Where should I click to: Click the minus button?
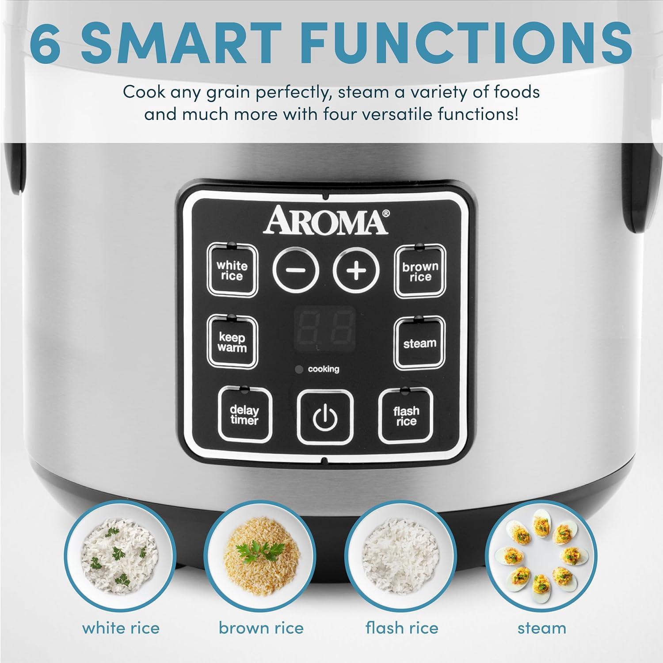click(295, 270)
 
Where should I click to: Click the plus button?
click(356, 270)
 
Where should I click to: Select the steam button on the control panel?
click(419, 343)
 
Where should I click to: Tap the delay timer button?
click(244, 415)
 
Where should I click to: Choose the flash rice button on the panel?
click(406, 415)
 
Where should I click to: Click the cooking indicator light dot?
click(299, 369)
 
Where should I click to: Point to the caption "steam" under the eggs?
click(541, 628)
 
